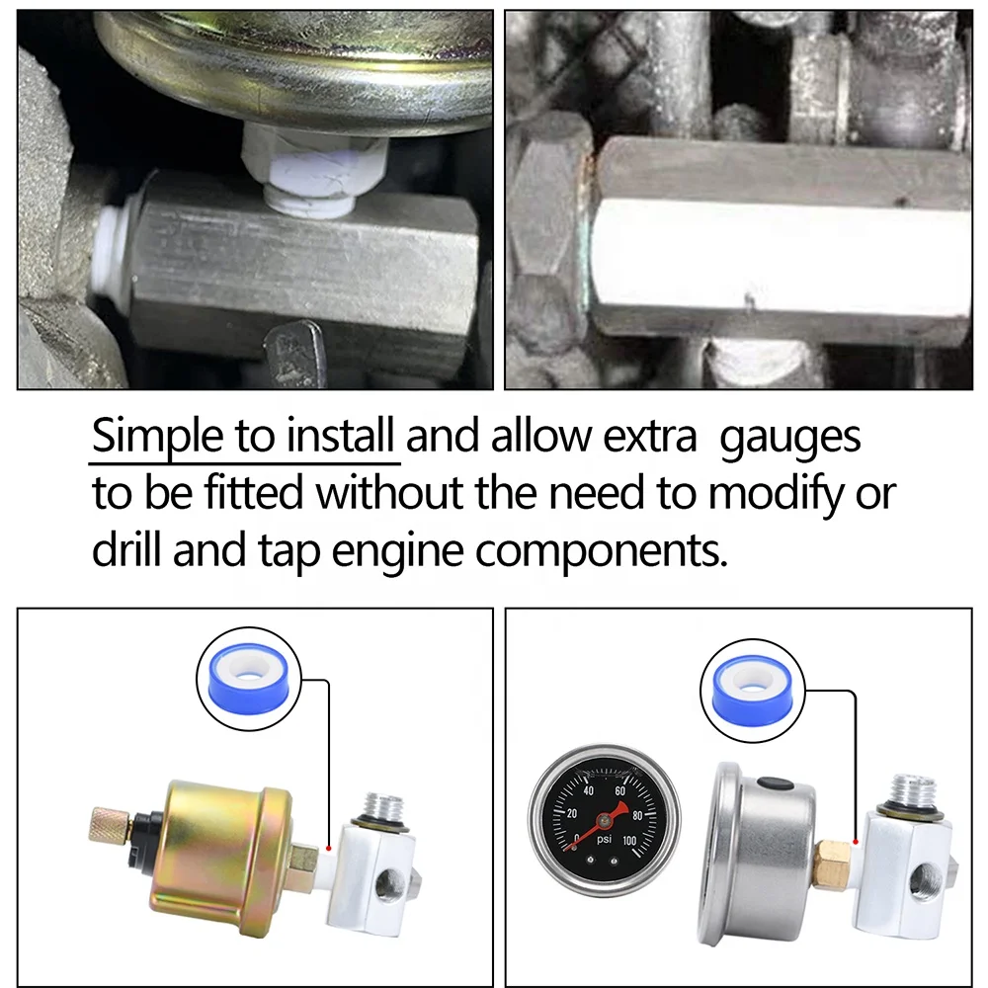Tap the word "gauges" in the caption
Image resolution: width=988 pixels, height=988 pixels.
(x=790, y=437)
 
